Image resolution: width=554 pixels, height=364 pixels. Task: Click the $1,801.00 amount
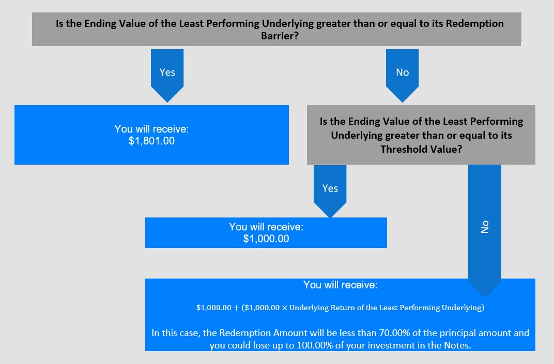click(x=151, y=141)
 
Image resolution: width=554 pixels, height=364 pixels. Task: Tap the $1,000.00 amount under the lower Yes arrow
click(x=266, y=239)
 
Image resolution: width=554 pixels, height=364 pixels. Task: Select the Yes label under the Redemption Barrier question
click(x=167, y=72)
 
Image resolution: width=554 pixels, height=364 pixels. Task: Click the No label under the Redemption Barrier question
click(x=403, y=72)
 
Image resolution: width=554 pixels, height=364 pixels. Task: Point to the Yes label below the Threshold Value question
click(x=330, y=188)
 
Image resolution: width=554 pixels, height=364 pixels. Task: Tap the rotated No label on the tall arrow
click(x=485, y=227)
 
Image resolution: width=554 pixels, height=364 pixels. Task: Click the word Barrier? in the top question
click(x=280, y=36)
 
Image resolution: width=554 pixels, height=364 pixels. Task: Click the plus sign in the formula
click(x=236, y=308)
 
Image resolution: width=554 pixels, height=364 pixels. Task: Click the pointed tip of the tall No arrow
click(x=484, y=297)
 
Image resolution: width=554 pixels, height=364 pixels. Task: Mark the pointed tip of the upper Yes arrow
click(x=167, y=103)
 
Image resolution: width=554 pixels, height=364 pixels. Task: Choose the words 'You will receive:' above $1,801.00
click(x=151, y=129)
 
